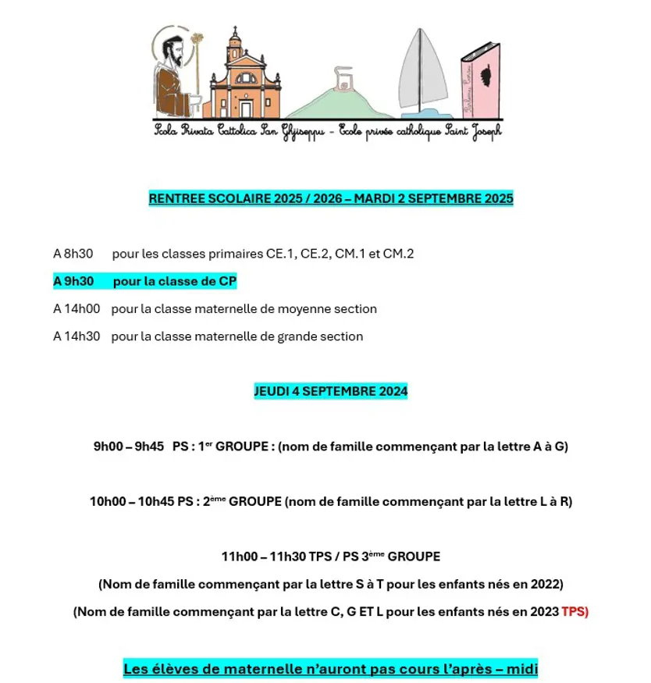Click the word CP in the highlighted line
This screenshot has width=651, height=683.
click(x=227, y=281)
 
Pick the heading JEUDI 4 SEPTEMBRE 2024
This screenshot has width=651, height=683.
click(x=331, y=391)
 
